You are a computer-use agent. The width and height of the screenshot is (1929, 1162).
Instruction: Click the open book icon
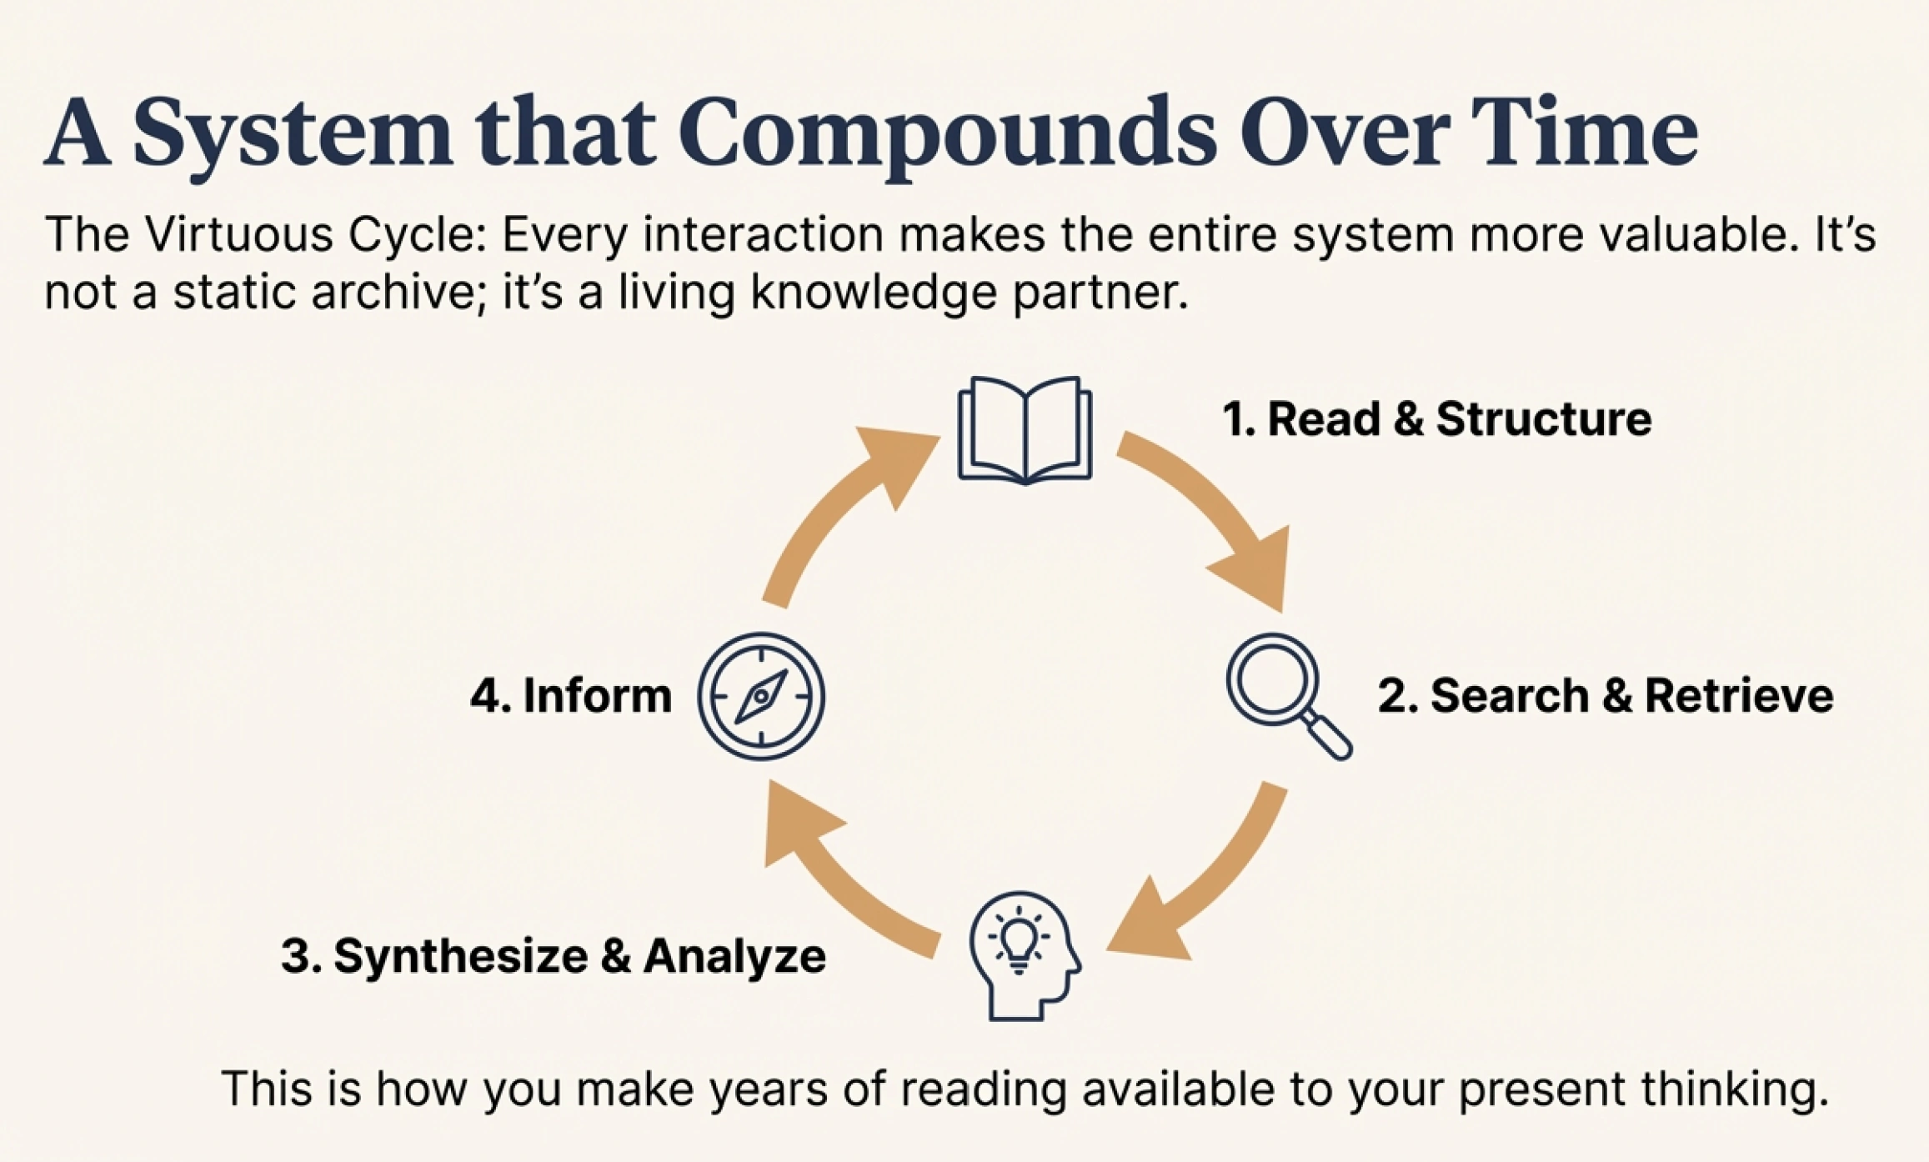(1025, 430)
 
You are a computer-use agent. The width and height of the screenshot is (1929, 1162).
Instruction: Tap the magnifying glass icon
(1289, 696)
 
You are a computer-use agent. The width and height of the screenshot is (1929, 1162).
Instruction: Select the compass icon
(761, 696)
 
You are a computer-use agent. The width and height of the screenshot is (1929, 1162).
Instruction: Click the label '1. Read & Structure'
(1436, 418)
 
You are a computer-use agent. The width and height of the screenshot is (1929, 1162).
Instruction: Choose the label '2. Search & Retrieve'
(1605, 695)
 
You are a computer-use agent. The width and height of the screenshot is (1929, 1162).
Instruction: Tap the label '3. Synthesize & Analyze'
(554, 956)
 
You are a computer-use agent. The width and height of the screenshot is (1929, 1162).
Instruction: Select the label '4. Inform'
(571, 695)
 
